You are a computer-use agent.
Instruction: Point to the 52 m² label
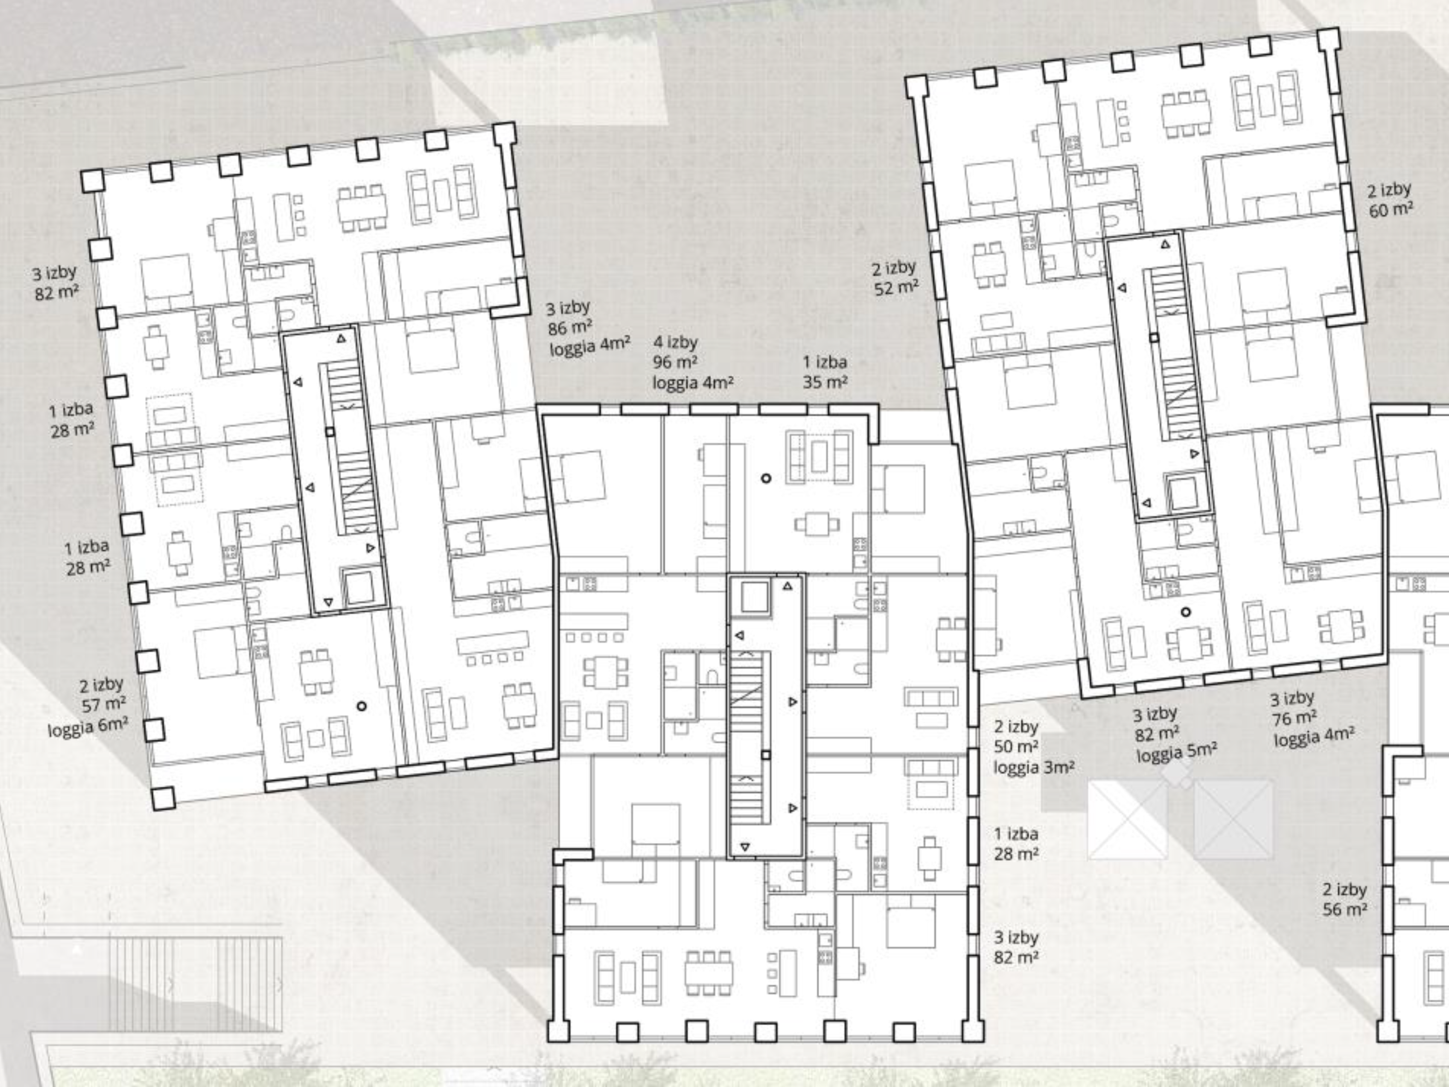click(x=896, y=287)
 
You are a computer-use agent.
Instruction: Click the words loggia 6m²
click(x=88, y=726)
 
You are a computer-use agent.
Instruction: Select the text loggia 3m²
click(x=1034, y=767)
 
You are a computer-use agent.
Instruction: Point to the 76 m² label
click(x=1294, y=718)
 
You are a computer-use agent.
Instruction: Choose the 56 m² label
click(x=1345, y=909)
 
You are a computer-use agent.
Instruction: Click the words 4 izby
click(x=675, y=342)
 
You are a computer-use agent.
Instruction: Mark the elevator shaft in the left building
click(x=359, y=588)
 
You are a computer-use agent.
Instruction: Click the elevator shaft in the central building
click(x=753, y=597)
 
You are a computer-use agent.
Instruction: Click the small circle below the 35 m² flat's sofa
click(x=766, y=478)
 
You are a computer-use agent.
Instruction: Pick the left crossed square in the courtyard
click(x=1127, y=819)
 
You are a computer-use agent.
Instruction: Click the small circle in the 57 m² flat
click(x=362, y=706)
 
